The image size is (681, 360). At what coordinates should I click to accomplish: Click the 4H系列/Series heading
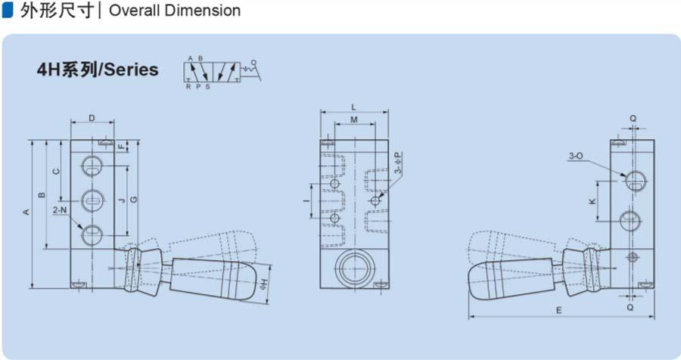point(98,70)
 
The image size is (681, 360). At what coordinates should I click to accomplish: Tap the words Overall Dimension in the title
point(175,11)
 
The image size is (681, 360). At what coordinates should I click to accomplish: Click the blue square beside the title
point(8,11)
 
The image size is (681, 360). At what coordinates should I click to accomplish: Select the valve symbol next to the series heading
point(222,72)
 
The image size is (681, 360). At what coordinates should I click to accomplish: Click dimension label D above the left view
point(92,118)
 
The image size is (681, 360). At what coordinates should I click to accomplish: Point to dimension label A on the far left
point(26,212)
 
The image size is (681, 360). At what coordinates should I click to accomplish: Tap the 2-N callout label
point(60,210)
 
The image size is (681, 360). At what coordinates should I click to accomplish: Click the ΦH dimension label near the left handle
point(264,285)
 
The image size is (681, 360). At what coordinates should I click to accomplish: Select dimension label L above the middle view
point(354,107)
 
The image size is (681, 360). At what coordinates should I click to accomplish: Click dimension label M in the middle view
point(354,119)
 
